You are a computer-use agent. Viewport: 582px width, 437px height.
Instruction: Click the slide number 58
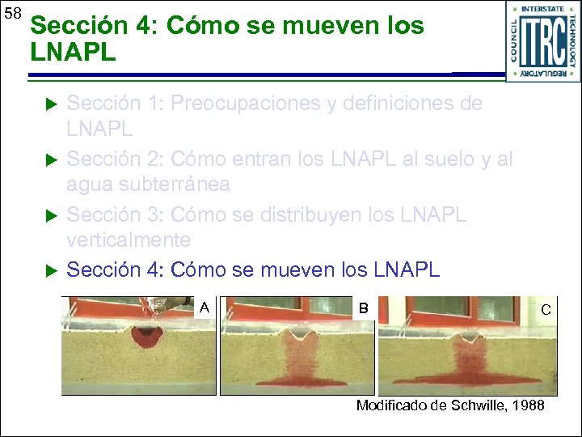(12, 15)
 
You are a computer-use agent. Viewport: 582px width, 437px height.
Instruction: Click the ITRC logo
(542, 40)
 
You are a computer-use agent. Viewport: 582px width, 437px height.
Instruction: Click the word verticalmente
(129, 240)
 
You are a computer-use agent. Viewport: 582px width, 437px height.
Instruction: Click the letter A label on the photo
(205, 307)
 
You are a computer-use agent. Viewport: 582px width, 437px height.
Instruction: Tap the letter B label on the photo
(364, 308)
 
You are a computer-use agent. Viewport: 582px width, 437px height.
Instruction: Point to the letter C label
(546, 309)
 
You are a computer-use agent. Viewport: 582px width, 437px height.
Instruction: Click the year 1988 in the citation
(529, 405)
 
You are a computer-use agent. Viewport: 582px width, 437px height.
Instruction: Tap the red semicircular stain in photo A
(147, 335)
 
